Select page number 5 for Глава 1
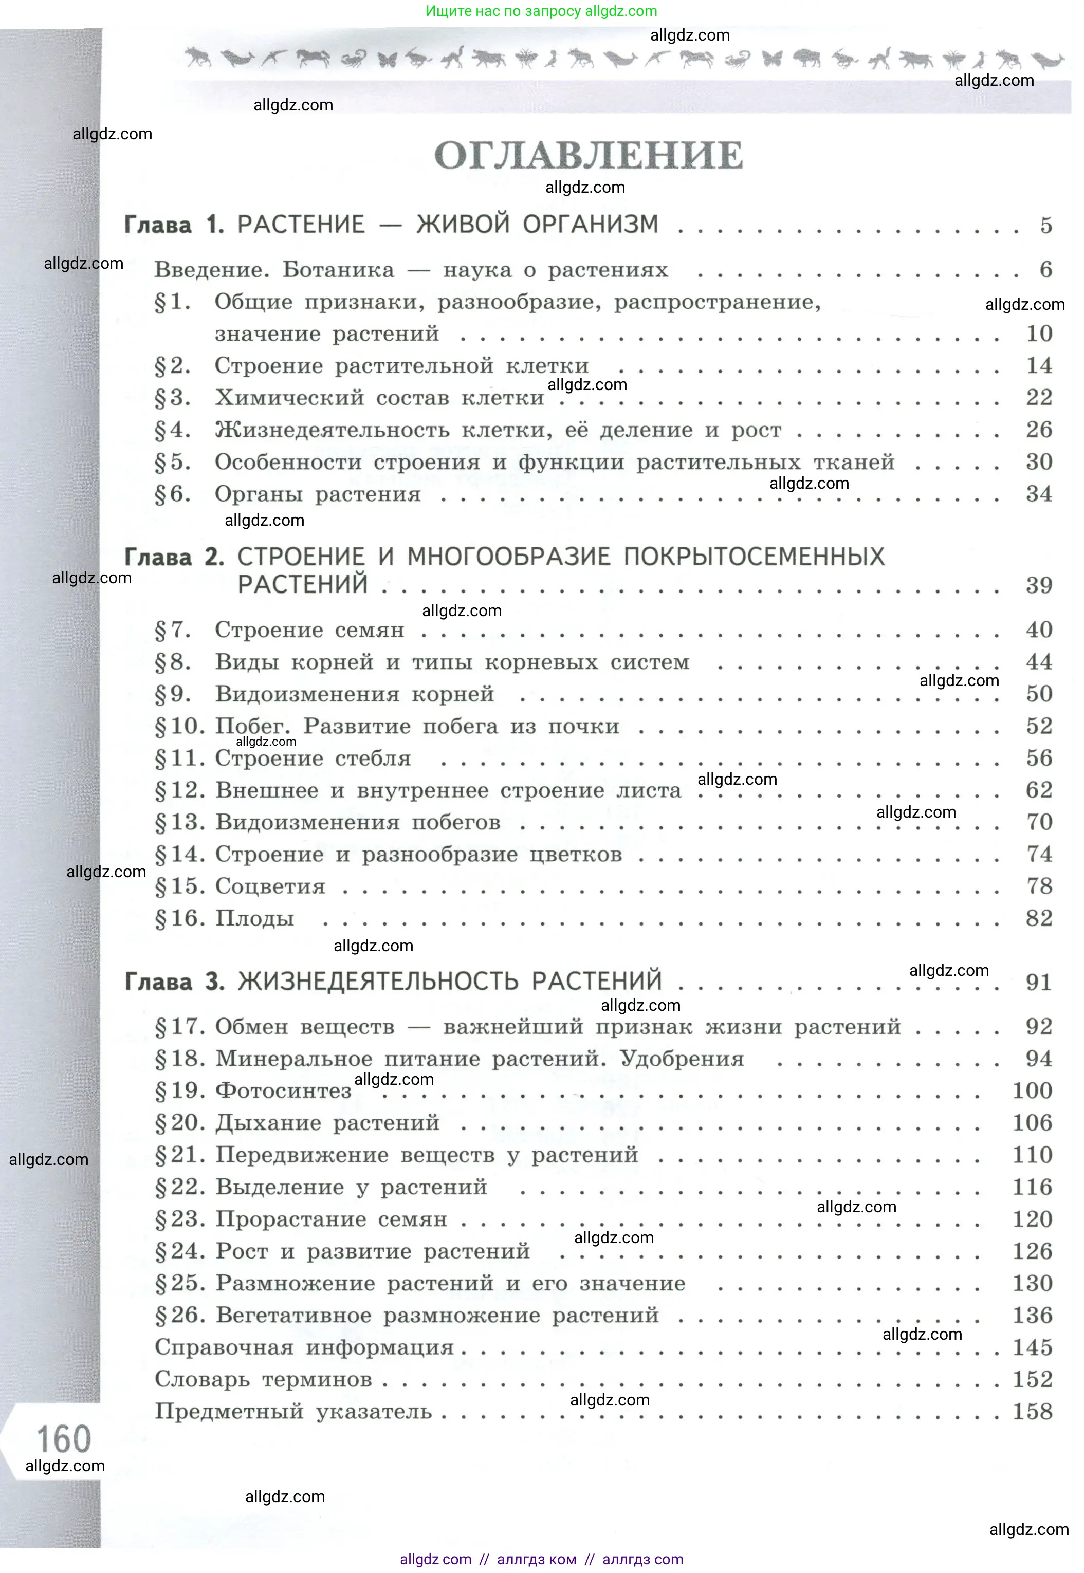[1045, 226]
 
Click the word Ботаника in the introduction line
[338, 270]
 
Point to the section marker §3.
[173, 398]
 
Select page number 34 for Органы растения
[1038, 494]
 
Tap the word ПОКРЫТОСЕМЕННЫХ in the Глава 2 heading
[754, 557]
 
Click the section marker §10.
[180, 727]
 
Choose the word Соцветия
[270, 886]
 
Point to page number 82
[1038, 918]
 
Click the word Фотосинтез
[283, 1091]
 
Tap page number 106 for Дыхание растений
[1032, 1123]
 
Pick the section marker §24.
[180, 1251]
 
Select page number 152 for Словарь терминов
[1032, 1379]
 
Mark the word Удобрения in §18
[682, 1059]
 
